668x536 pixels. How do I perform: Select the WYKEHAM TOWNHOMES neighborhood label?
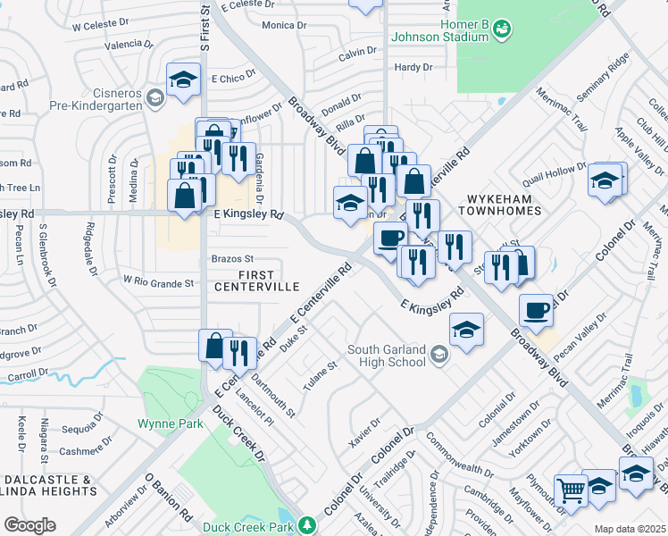click(x=500, y=203)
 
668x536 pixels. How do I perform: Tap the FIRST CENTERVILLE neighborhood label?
click(x=256, y=281)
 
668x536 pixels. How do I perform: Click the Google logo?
click(x=29, y=525)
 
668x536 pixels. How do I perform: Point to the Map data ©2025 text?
click(x=630, y=529)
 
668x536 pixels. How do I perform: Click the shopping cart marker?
click(x=571, y=490)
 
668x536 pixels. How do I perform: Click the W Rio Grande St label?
click(x=158, y=283)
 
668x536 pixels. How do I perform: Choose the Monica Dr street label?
click(x=284, y=26)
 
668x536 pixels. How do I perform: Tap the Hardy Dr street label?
click(x=413, y=67)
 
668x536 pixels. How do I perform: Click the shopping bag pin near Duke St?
click(x=214, y=345)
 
